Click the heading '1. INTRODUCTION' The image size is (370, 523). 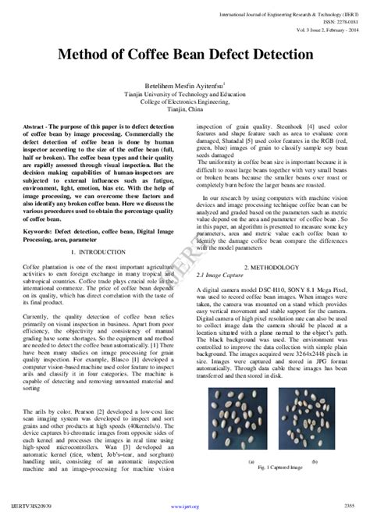click(96, 231)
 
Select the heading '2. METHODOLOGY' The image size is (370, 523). click(271, 268)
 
